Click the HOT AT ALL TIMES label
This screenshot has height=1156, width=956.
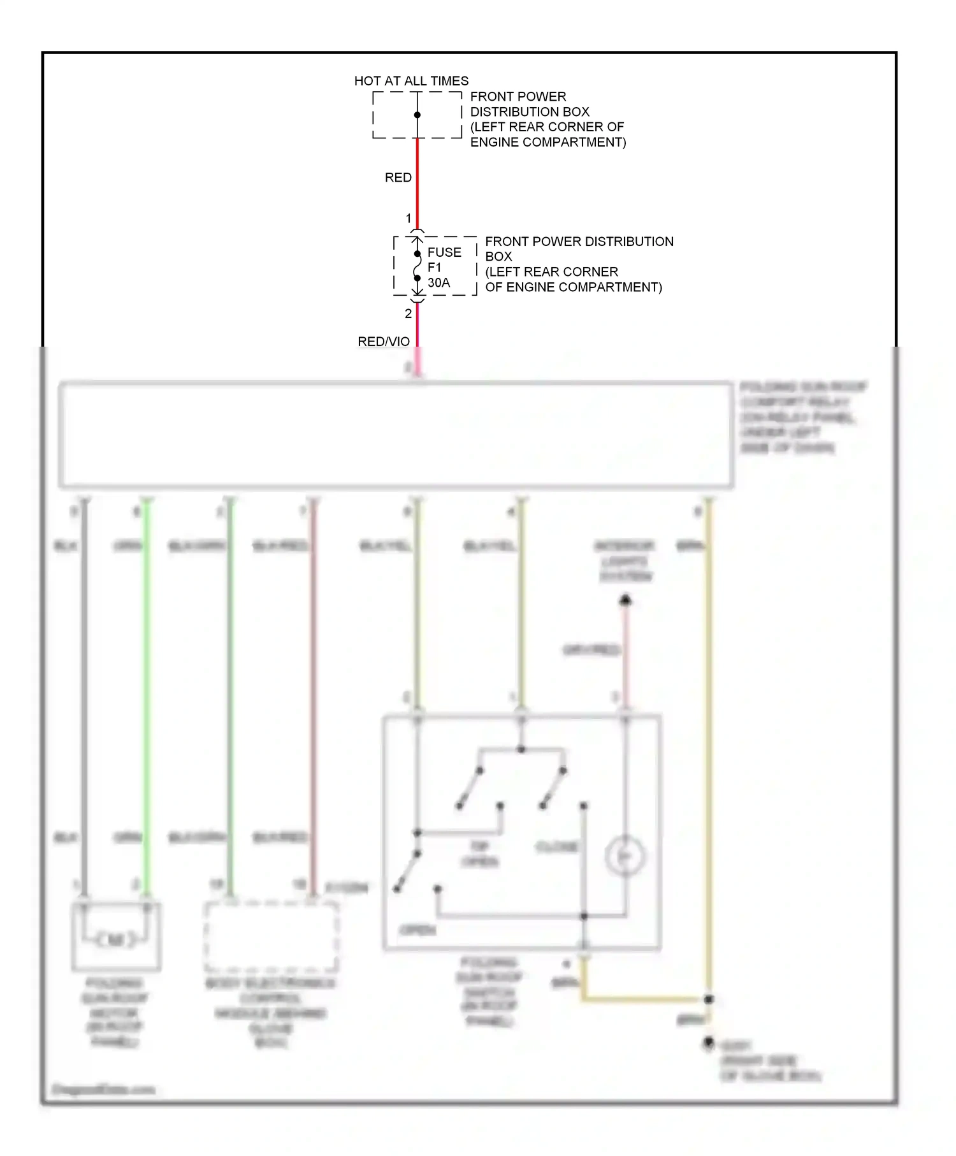[411, 81]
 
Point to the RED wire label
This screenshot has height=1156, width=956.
[398, 177]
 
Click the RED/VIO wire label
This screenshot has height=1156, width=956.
[383, 342]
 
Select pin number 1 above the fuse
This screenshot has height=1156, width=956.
[409, 219]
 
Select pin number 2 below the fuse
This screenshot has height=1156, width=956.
[408, 314]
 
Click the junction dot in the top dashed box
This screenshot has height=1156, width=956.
[417, 115]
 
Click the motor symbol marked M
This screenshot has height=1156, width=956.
[115, 939]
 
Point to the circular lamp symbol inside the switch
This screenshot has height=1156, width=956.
[625, 856]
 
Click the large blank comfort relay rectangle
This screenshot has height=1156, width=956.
[395, 435]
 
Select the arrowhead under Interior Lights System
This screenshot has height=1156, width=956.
[625, 600]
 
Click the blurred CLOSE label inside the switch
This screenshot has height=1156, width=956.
[557, 847]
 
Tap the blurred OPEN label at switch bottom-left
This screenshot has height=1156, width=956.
[417, 930]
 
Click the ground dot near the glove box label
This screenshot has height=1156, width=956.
[708, 1043]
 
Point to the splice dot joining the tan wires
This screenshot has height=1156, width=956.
[708, 999]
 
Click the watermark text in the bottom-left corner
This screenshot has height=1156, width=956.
[103, 1089]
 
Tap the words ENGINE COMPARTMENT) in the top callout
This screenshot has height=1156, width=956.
[548, 142]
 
